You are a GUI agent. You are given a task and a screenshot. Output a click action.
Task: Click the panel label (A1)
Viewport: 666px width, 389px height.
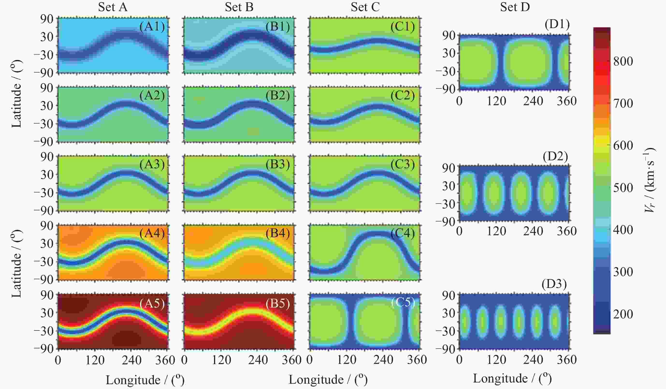(x=152, y=27)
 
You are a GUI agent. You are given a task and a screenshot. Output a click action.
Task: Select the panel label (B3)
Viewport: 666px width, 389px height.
(x=278, y=164)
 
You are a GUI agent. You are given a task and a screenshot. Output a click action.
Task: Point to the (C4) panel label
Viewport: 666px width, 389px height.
(x=403, y=233)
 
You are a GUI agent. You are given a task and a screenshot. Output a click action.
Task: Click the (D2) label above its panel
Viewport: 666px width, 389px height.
(x=555, y=157)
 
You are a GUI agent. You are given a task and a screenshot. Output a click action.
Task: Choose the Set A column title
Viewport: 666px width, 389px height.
(x=113, y=7)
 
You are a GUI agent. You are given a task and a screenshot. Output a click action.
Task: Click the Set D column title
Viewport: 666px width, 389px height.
(x=515, y=7)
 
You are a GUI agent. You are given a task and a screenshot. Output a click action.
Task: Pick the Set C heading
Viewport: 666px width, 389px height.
(x=365, y=7)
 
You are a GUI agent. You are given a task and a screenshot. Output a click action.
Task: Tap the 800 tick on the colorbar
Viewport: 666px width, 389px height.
(x=623, y=61)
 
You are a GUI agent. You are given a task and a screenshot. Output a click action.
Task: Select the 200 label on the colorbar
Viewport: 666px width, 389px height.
(x=623, y=314)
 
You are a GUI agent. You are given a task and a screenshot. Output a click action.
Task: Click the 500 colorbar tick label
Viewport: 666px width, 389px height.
(x=623, y=188)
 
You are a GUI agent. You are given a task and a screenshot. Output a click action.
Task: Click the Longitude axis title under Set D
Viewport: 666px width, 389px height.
(x=512, y=378)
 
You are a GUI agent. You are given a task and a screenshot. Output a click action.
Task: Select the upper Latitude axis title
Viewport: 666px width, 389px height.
(x=16, y=94)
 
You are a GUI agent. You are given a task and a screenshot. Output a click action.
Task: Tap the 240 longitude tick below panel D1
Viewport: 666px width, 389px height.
(x=533, y=101)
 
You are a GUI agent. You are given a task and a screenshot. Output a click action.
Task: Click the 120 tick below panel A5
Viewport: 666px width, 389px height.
(x=95, y=360)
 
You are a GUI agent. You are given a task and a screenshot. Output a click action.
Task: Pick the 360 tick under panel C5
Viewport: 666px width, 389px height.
(x=417, y=360)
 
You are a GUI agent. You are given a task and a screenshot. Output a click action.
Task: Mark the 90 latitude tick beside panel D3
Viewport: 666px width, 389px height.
(x=449, y=295)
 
